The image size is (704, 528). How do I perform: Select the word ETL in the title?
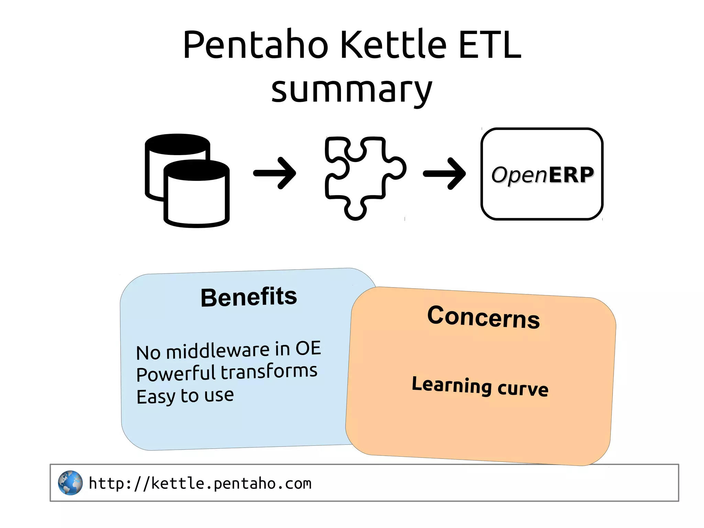tap(490, 45)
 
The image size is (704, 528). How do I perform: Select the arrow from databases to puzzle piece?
tap(275, 173)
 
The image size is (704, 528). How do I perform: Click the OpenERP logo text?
tap(542, 175)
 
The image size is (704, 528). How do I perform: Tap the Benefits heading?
tap(249, 297)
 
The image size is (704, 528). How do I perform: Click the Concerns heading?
tap(483, 317)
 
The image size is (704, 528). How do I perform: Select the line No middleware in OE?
tap(228, 351)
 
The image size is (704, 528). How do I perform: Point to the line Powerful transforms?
tap(227, 373)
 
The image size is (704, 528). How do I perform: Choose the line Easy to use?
tap(185, 396)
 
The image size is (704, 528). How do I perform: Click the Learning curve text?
tap(480, 386)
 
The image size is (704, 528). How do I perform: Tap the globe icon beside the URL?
tap(70, 483)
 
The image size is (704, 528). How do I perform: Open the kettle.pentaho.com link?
tap(200, 483)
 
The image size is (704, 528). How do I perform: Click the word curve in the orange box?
tap(523, 389)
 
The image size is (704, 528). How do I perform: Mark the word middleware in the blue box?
tap(218, 351)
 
